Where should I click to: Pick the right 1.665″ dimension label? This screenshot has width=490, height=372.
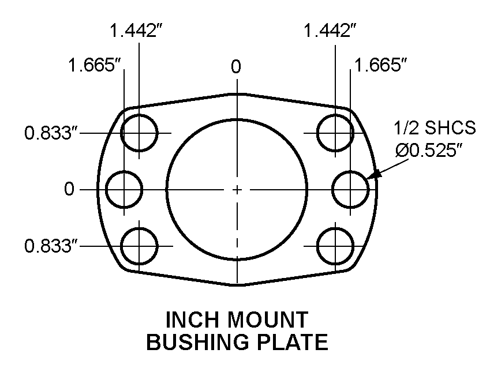click(x=381, y=65)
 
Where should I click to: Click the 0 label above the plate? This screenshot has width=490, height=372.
click(x=235, y=67)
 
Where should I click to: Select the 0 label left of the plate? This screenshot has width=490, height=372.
click(x=69, y=189)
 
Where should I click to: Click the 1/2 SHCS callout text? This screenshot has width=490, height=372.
click(x=435, y=128)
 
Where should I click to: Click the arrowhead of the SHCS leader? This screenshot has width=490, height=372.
click(x=375, y=174)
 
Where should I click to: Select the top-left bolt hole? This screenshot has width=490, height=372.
click(x=139, y=133)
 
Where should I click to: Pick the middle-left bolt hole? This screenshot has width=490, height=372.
click(x=125, y=189)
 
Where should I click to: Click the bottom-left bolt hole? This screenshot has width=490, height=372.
click(x=139, y=246)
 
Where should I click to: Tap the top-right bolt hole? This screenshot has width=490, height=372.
click(x=335, y=133)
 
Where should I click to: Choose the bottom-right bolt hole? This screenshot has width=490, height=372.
click(x=335, y=246)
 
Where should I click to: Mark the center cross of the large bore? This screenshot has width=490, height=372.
click(x=236, y=189)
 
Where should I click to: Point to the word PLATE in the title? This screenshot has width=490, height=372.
click(x=296, y=343)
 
